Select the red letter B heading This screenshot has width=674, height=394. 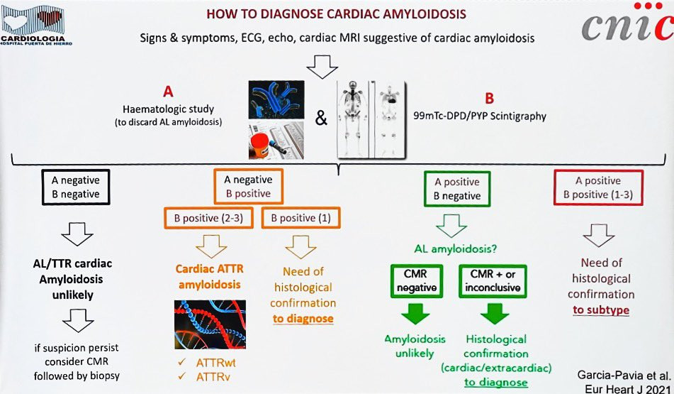(488, 99)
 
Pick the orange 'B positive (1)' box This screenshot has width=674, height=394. (301, 219)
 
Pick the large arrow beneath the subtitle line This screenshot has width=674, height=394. (322, 67)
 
